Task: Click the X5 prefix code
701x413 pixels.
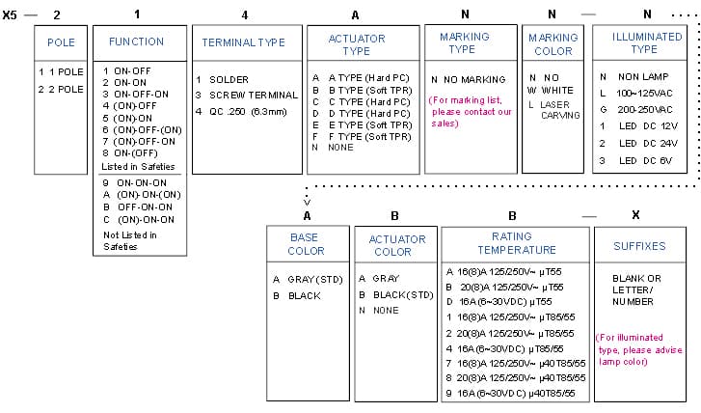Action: coord(10,15)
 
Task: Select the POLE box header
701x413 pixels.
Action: coord(61,42)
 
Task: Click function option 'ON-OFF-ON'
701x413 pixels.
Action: coord(135,95)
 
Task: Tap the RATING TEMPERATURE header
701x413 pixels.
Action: coord(517,243)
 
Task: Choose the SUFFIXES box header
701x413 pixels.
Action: coord(639,246)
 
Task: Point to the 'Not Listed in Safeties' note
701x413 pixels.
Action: coord(130,240)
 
